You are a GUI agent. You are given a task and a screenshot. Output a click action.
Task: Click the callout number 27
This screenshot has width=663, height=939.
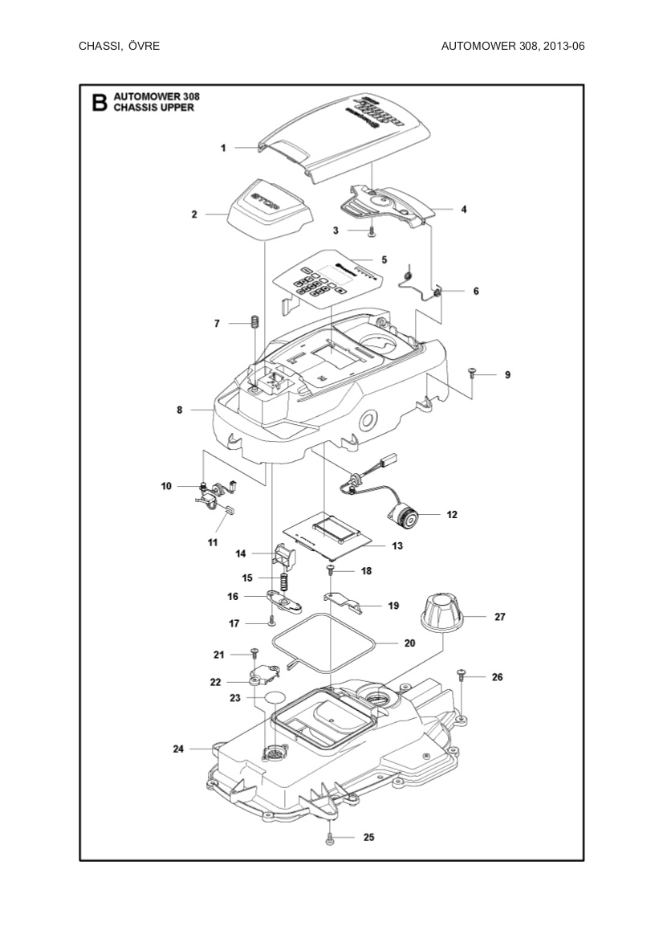tap(499, 617)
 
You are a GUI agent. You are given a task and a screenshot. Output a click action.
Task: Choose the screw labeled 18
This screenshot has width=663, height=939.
tap(330, 570)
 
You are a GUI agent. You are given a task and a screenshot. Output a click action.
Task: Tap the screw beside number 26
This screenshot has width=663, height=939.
tap(462, 675)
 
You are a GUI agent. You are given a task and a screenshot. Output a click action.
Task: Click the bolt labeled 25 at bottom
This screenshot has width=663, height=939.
tap(330, 839)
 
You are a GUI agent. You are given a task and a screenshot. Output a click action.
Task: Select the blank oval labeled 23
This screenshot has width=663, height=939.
tap(275, 697)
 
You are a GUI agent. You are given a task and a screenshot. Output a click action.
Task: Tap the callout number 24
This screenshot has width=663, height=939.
tap(178, 749)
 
